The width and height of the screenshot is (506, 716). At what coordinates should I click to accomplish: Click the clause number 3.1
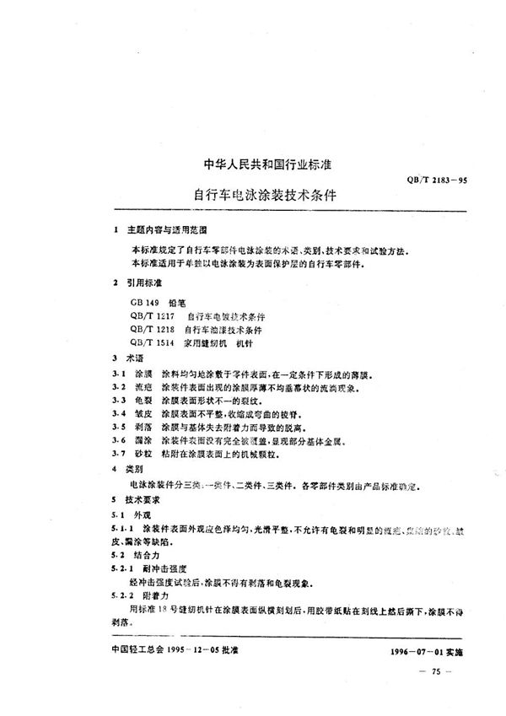(x=119, y=373)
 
